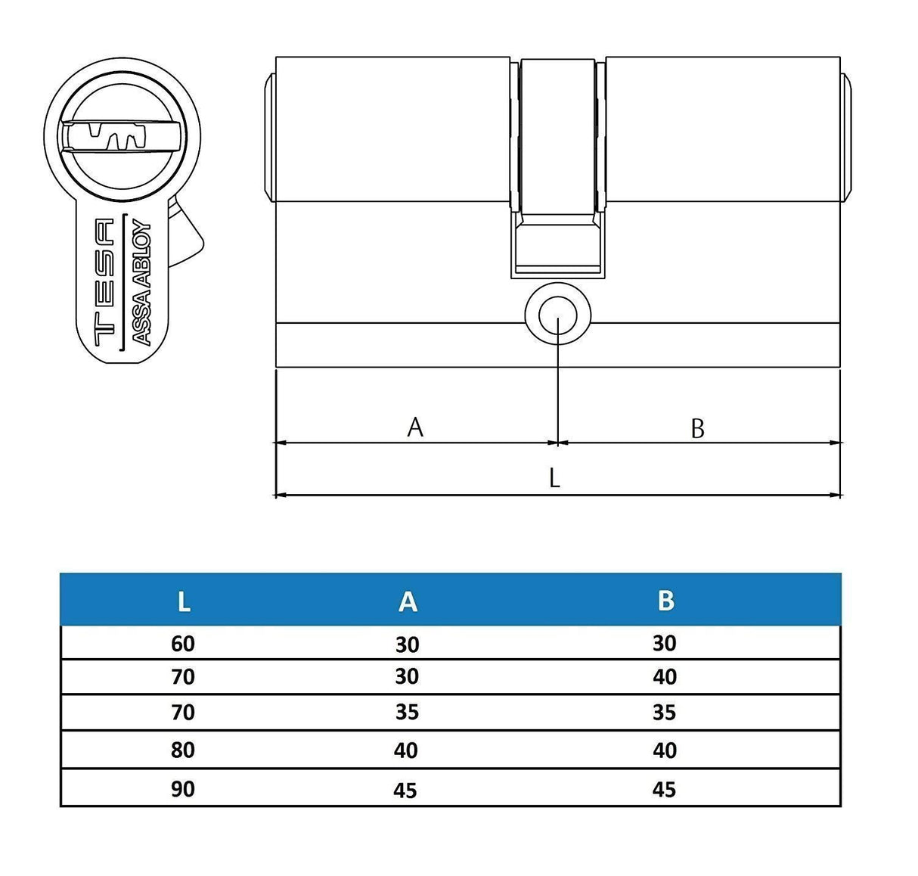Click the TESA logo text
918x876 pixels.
(104, 281)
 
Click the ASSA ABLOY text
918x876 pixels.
(142, 283)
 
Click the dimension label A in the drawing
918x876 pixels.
(415, 427)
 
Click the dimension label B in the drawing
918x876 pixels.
(697, 429)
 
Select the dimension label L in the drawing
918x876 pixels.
(554, 478)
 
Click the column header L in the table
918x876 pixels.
(183, 601)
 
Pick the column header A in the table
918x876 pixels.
(408, 601)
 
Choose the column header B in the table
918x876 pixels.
(665, 601)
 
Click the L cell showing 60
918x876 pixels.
(183, 644)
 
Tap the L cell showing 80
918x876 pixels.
(183, 750)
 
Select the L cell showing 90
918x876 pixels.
(183, 789)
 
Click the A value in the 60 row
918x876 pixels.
(407, 645)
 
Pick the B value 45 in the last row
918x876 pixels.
(664, 790)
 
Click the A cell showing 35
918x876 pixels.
(407, 713)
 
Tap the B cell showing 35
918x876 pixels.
(664, 713)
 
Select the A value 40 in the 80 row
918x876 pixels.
(406, 750)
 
